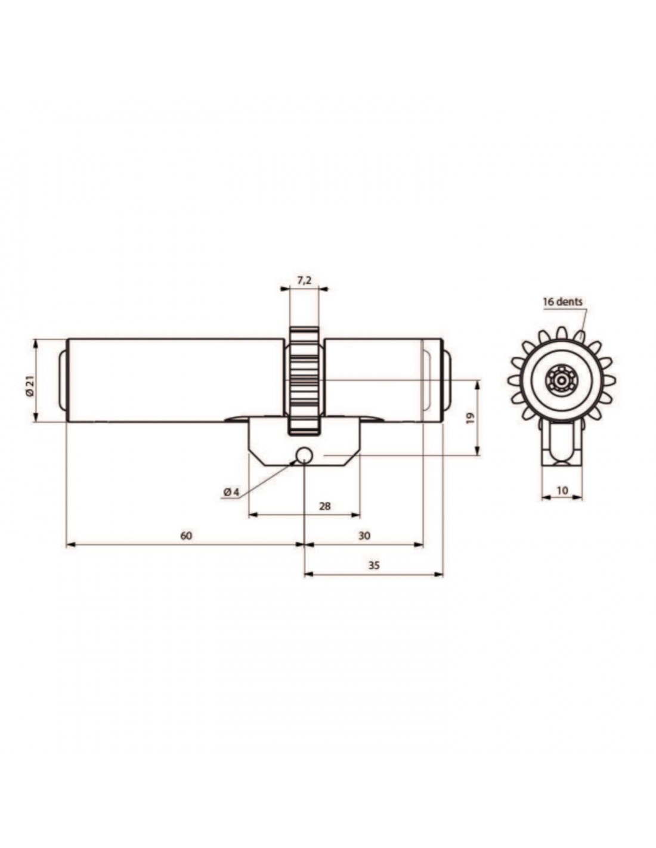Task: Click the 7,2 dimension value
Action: coord(304,280)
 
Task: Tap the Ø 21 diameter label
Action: coord(30,387)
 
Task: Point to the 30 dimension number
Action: coord(364,536)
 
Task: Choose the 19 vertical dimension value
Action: coord(471,418)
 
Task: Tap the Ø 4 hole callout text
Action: coord(231,493)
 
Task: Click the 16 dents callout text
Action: coord(562,302)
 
